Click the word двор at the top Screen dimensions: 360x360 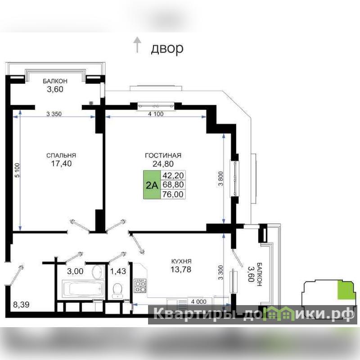pos(167,49)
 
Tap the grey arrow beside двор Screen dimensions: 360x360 pos(137,45)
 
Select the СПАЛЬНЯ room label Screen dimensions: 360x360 pos(61,155)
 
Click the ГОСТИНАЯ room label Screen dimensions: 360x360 pos(163,155)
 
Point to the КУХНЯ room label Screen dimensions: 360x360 pos(181,261)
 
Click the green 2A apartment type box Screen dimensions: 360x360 pos(152,184)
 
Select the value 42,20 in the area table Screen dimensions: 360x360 pos(173,175)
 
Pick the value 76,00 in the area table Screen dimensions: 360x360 pos(173,194)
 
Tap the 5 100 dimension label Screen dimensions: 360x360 pos(18,170)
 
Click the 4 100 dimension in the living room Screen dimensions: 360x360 pos(156,114)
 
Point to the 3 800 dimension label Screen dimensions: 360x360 pos(220,178)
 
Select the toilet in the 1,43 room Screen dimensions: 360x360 pos(118,290)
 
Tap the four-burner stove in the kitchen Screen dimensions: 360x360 pos(140,285)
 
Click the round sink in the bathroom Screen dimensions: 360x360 pos(98,272)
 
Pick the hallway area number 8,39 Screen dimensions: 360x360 pos(21,305)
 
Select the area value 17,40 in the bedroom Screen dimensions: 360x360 pos(61,163)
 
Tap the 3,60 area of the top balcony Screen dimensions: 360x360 pos(55,89)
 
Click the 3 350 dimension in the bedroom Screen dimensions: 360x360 pos(54,114)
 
